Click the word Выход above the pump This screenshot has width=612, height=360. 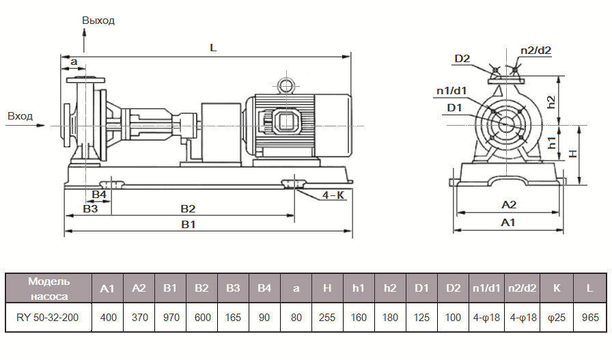point(98,20)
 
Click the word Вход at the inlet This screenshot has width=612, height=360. point(20,116)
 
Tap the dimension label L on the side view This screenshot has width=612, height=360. point(213,48)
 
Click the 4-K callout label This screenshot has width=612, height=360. point(333,195)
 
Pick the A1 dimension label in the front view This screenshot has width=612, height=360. point(508,223)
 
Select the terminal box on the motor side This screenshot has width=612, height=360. point(283,123)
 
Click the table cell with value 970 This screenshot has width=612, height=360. point(170,317)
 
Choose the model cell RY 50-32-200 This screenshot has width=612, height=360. point(48,317)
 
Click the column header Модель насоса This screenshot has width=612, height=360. point(48,288)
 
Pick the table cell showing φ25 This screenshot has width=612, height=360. point(557,317)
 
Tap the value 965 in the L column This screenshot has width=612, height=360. point(589,317)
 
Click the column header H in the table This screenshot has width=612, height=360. point(327,288)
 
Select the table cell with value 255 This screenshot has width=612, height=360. point(327,317)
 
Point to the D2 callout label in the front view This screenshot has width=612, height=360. point(462,59)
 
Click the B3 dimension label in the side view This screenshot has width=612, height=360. point(90,208)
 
